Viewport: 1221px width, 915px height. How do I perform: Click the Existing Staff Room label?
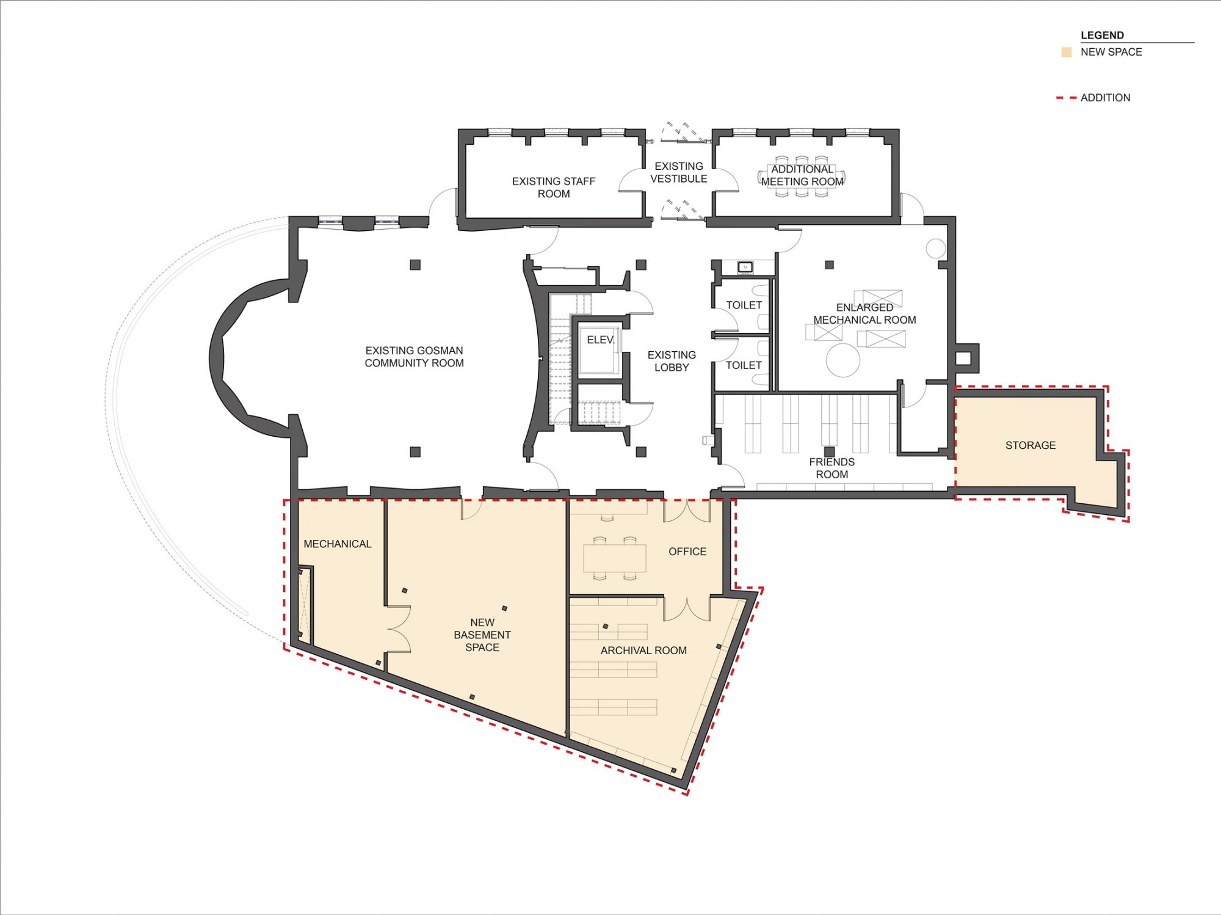[x=554, y=188]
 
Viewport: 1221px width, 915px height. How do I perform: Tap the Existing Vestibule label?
[x=679, y=172]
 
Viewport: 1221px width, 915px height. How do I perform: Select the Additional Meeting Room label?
[x=802, y=175]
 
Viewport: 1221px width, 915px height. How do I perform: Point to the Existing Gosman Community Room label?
[x=414, y=357]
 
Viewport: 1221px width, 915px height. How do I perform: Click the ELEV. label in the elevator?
[x=601, y=340]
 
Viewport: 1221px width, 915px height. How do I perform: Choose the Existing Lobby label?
[x=672, y=361]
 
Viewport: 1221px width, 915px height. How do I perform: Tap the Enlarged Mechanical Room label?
[x=864, y=314]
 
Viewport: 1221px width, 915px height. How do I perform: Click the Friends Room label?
[x=832, y=468]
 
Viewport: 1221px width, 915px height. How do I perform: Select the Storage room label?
[x=1031, y=445]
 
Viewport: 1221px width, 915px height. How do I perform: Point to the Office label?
[x=687, y=552]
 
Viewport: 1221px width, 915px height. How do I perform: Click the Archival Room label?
[x=643, y=651]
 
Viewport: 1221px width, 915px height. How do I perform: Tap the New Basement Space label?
[x=482, y=635]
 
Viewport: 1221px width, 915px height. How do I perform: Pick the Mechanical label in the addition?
[x=338, y=544]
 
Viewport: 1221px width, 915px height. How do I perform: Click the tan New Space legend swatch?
[x=1067, y=53]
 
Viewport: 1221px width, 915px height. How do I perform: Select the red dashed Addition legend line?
[x=1067, y=98]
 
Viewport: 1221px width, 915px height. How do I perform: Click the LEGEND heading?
[x=1102, y=35]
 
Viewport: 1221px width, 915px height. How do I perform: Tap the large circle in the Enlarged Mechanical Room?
[x=843, y=360]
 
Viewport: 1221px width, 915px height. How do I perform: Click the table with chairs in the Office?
[x=615, y=557]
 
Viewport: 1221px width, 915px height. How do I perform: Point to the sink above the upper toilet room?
[x=745, y=267]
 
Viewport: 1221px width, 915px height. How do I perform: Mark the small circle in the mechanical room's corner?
[x=936, y=248]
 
